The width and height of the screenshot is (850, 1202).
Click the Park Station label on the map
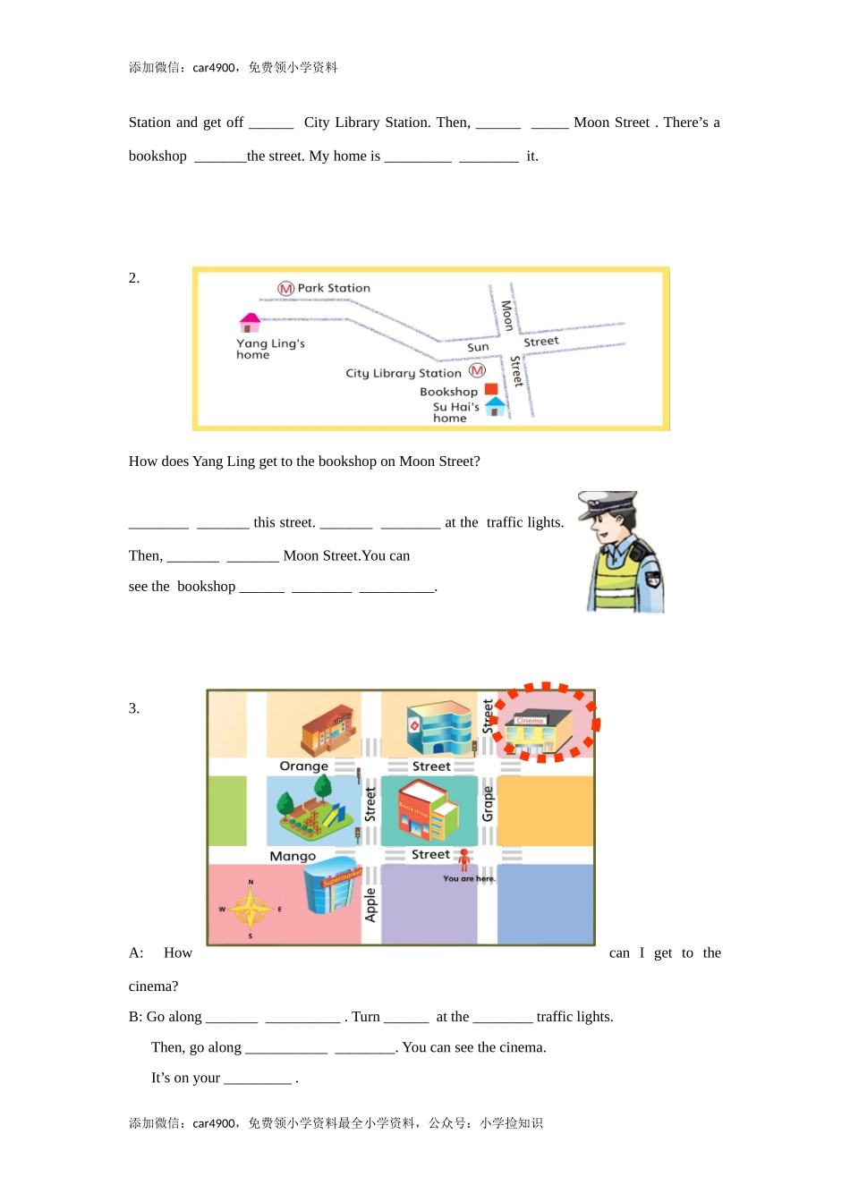tap(334, 288)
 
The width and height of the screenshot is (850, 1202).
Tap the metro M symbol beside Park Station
tap(286, 289)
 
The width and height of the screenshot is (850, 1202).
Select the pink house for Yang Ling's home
tap(251, 322)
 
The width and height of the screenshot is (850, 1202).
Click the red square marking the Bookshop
tap(491, 389)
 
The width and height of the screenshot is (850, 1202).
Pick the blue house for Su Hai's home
tap(495, 406)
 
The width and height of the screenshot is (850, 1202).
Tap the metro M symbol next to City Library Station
tap(477, 370)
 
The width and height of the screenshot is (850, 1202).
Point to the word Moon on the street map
tap(506, 315)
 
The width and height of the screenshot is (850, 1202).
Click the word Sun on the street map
tap(478, 347)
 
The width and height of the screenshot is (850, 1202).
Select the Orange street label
tap(303, 766)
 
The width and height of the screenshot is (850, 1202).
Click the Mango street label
tap(293, 856)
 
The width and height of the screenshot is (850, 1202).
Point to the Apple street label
tap(370, 904)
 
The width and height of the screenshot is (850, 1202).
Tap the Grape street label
tap(488, 803)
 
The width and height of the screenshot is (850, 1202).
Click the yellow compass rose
tap(251, 910)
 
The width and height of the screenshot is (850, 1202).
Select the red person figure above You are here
tap(464, 859)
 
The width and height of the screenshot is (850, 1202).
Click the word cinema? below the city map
tap(153, 986)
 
